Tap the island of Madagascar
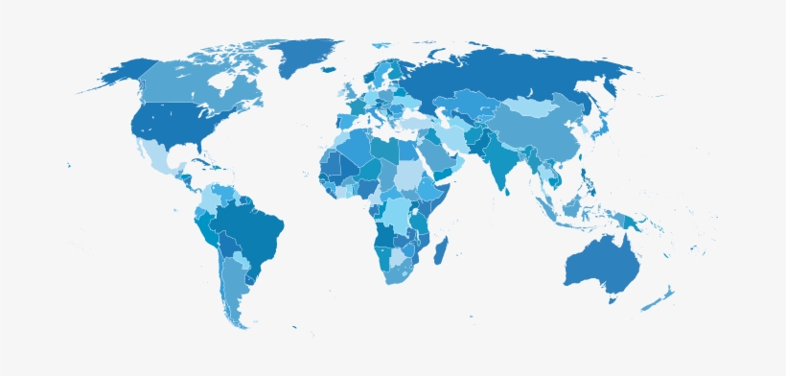click(x=441, y=252)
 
